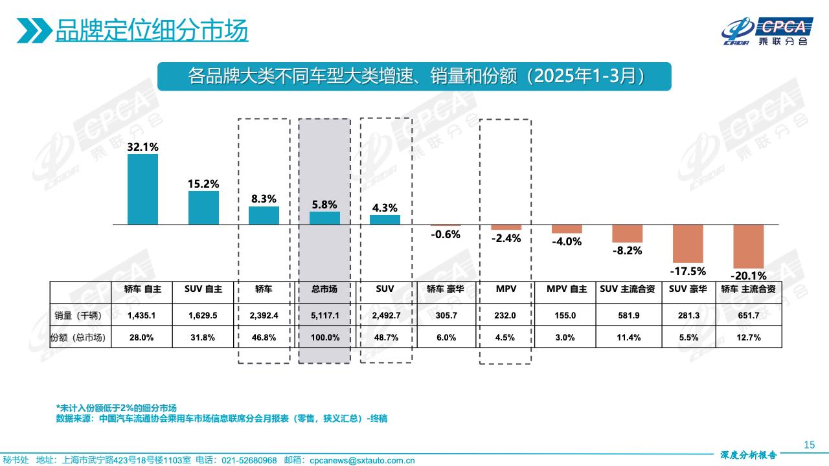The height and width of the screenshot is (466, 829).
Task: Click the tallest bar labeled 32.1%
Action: (142, 189)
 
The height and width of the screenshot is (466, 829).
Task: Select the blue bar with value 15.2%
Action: (203, 208)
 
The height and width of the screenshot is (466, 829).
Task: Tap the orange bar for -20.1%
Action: (749, 246)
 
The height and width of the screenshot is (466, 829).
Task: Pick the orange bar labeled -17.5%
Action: (688, 243)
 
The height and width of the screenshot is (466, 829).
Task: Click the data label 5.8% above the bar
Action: (324, 205)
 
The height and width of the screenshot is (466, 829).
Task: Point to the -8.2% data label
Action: (627, 250)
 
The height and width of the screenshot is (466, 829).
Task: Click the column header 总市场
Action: (324, 290)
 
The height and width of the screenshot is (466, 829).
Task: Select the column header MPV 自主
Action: (566, 290)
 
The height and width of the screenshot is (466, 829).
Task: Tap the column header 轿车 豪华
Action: (446, 290)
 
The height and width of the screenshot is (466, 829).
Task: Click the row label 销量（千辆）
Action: (81, 315)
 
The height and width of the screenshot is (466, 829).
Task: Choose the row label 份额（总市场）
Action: (80, 337)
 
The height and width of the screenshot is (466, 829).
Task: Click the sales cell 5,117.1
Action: (324, 315)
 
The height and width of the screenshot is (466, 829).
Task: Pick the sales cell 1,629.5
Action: (203, 315)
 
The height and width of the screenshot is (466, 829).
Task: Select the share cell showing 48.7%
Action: (385, 337)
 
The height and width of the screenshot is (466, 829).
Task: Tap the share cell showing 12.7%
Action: (749, 337)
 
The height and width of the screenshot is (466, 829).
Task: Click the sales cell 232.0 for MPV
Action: (505, 315)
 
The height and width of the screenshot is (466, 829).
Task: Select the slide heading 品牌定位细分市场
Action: (152, 30)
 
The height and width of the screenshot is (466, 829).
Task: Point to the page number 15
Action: (808, 444)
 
